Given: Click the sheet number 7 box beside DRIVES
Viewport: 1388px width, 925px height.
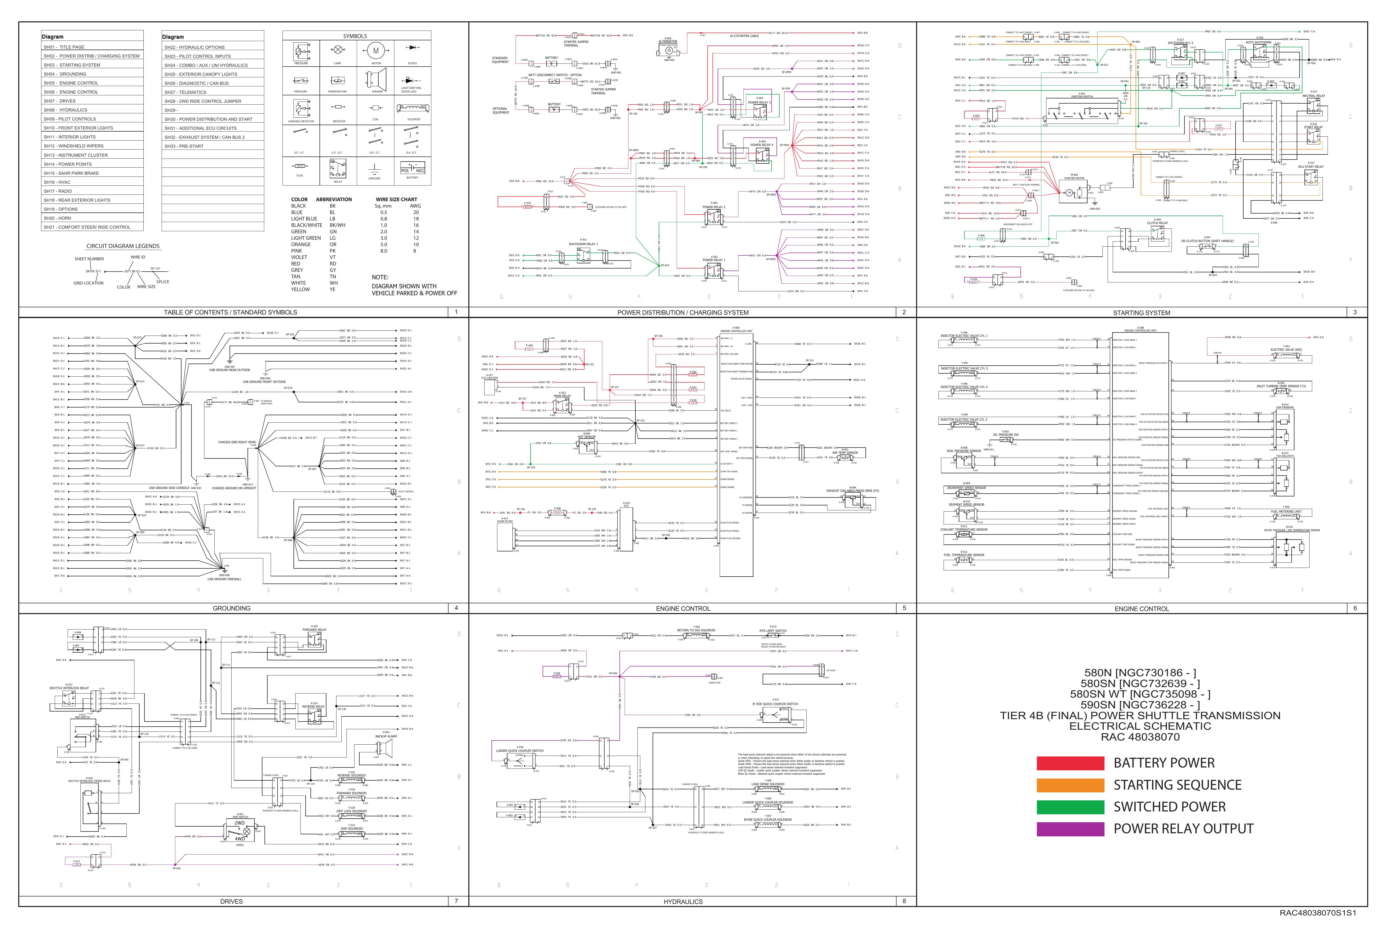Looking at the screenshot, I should tap(456, 901).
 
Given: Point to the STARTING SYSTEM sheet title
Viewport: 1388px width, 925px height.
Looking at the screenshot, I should tap(1141, 313).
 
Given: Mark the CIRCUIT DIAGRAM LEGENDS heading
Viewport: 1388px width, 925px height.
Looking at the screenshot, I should tap(123, 246).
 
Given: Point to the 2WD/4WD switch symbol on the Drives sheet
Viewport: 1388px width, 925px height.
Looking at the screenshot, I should tap(240, 831).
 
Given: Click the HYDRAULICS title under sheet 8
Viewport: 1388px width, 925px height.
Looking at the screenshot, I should tap(683, 901).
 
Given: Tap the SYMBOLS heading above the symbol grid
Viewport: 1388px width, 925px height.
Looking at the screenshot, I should tap(355, 36).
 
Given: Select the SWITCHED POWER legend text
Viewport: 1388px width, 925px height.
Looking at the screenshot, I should tap(1169, 807).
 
